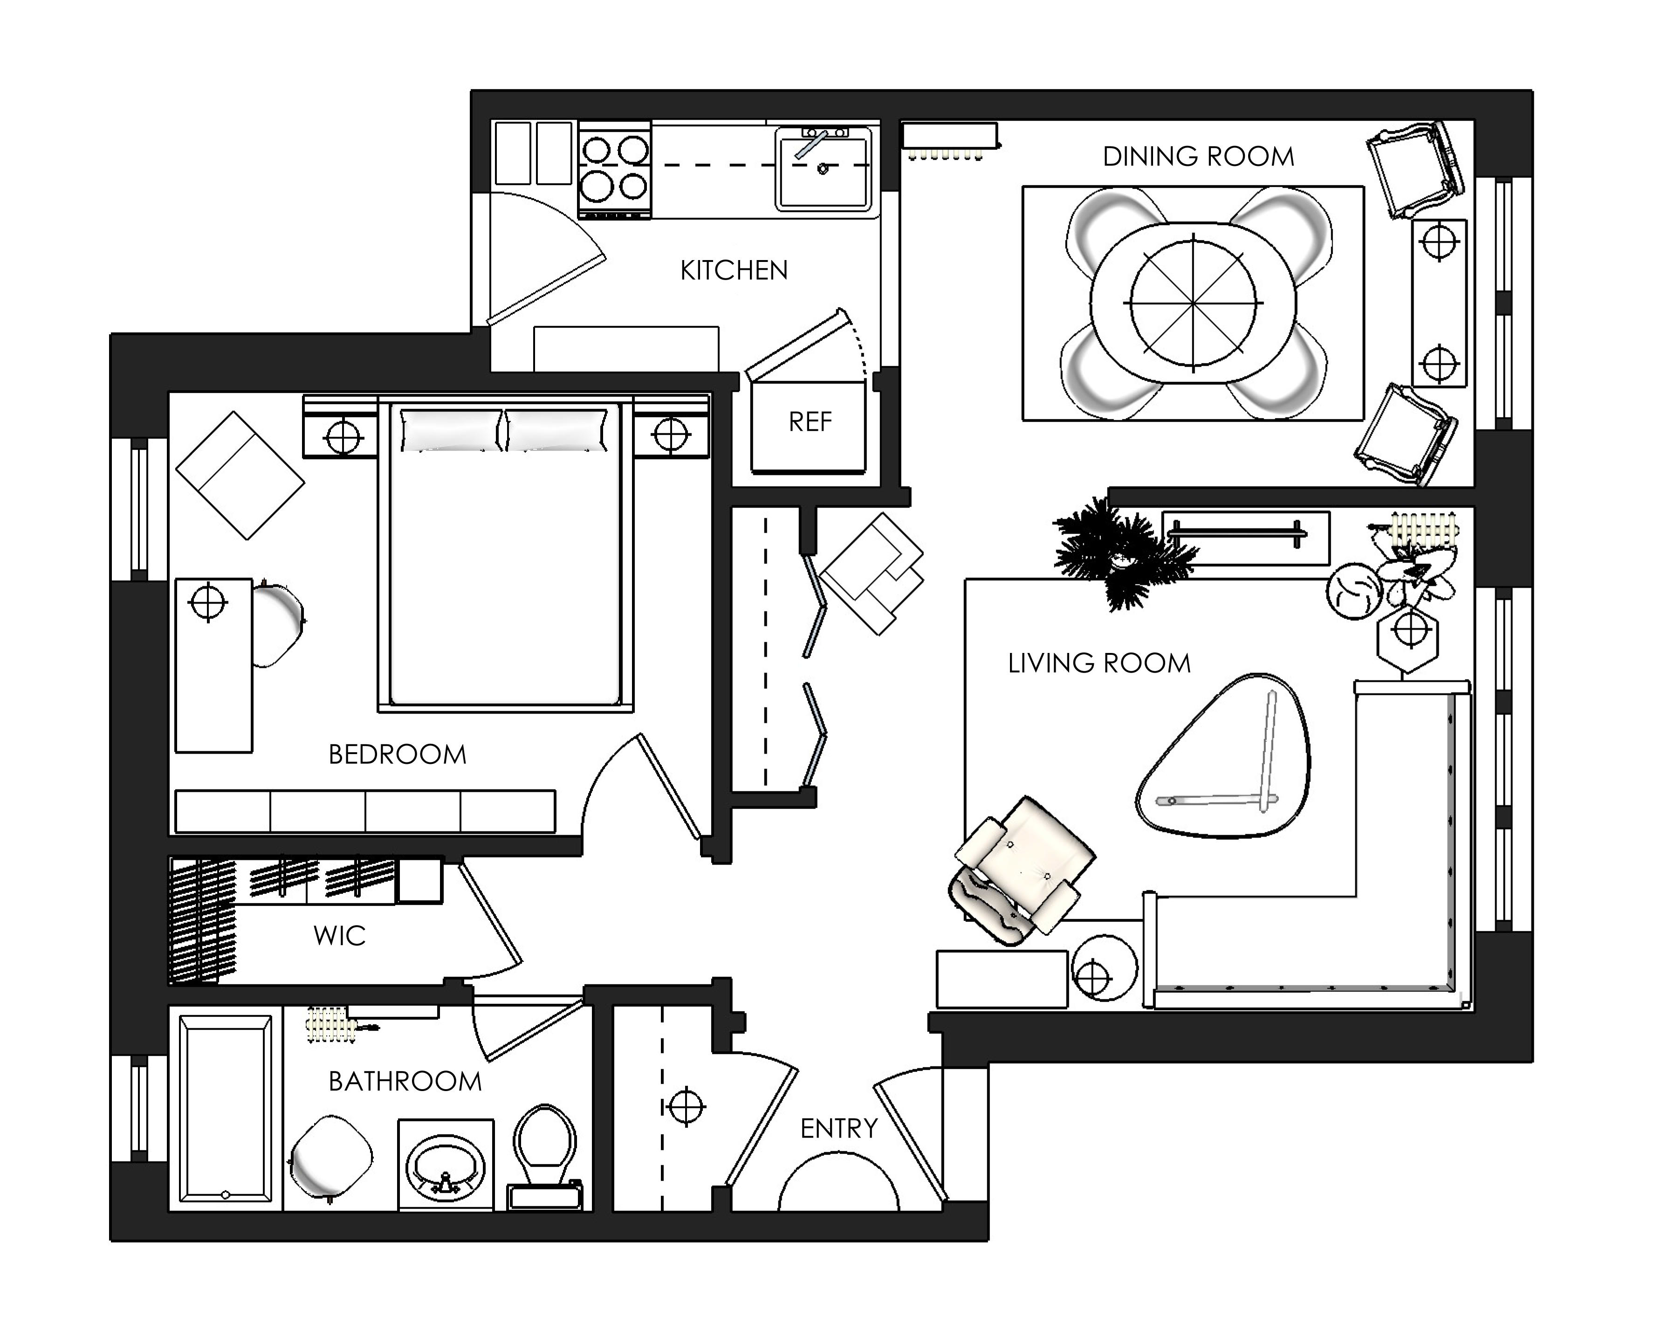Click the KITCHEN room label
point(734,271)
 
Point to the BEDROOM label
point(398,755)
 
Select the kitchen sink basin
point(823,170)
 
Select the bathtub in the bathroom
point(225,1109)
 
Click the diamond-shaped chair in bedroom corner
point(240,475)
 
